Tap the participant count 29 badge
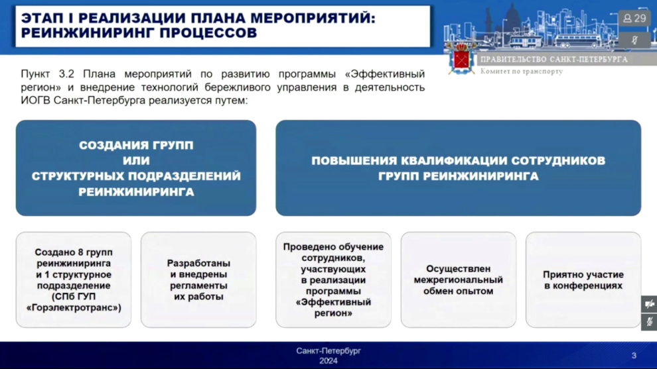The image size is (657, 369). tap(634, 19)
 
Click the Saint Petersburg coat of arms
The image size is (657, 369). tap(461, 59)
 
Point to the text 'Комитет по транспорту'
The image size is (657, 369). tap(522, 72)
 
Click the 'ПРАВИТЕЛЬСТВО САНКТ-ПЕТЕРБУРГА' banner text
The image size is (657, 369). tap(554, 60)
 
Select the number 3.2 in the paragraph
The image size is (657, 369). tap(66, 74)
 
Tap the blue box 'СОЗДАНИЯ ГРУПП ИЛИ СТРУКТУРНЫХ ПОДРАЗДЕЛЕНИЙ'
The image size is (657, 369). tap(136, 168)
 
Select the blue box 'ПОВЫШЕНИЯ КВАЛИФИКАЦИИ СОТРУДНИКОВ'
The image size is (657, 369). tap(459, 168)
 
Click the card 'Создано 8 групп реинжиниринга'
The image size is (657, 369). tap(74, 280)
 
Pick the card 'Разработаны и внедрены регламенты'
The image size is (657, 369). tap(198, 280)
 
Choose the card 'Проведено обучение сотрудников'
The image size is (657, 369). tap(334, 280)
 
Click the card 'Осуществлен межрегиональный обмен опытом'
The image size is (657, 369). tap(459, 280)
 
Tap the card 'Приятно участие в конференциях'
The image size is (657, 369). tap(583, 280)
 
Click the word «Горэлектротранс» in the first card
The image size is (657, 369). tap(74, 308)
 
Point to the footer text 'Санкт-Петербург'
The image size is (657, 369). tap(328, 351)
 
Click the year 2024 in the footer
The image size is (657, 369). tap(328, 361)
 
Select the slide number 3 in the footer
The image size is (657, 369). tap(634, 356)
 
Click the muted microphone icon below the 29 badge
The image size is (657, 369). tap(634, 40)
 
